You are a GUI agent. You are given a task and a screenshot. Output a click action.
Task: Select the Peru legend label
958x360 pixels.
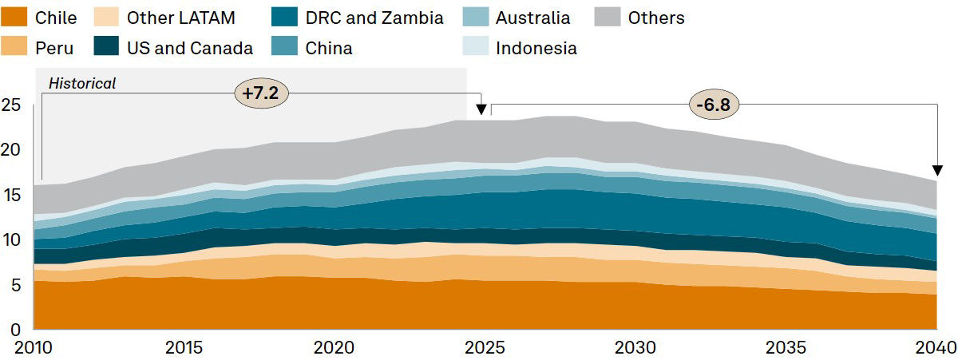54,48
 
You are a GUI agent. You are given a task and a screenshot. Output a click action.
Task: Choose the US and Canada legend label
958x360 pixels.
190,48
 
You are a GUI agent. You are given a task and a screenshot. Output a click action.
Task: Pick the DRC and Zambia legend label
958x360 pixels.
374,18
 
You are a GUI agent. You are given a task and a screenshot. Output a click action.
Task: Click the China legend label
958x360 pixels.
329,48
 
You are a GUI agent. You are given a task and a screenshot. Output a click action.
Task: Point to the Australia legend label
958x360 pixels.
532,18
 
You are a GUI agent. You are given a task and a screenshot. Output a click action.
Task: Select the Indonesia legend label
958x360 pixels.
536,48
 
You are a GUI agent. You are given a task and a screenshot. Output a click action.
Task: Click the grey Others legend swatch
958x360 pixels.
608,18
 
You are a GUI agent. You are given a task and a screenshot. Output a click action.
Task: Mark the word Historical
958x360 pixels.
82,83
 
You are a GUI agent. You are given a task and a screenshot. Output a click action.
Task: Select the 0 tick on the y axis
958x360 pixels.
14,329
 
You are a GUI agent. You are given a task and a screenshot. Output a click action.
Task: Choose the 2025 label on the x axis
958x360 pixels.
485,348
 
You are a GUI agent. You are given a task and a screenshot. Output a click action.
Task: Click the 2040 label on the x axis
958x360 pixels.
937,348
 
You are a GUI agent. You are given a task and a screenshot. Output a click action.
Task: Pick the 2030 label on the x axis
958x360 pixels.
635,348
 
